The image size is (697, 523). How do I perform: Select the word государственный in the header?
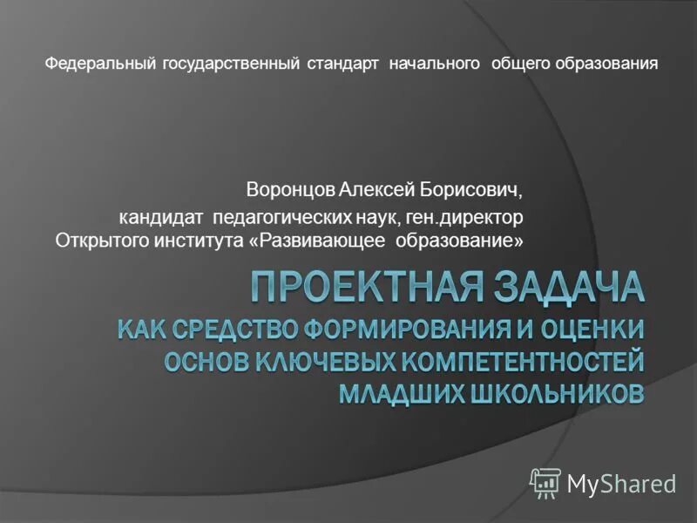(230, 64)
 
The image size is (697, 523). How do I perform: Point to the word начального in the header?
(436, 64)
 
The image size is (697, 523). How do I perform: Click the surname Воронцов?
(290, 188)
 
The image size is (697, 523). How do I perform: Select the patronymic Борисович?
(473, 188)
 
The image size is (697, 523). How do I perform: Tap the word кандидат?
(161, 215)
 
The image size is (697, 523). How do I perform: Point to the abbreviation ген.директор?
(469, 215)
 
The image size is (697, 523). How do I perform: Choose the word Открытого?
(97, 239)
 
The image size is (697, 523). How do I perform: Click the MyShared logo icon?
(545, 482)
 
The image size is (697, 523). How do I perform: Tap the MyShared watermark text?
(621, 483)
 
